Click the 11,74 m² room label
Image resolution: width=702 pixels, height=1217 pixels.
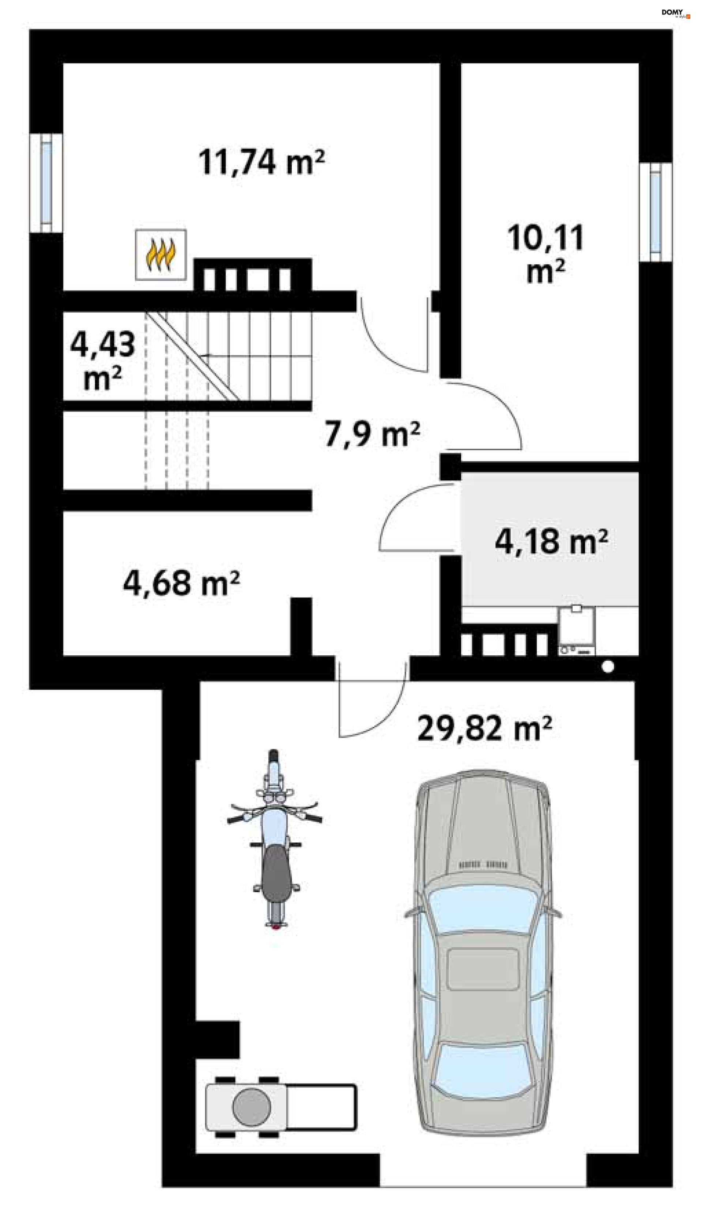(x=261, y=162)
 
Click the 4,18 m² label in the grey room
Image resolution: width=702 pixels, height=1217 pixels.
(x=551, y=542)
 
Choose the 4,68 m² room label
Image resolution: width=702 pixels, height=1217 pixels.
(x=181, y=583)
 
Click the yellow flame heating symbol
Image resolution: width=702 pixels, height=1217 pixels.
(x=161, y=255)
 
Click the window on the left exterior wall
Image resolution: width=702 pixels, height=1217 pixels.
(x=46, y=183)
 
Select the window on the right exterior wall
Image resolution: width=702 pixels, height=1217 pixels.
(x=655, y=212)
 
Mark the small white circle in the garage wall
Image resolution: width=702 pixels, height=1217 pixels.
(x=608, y=667)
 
